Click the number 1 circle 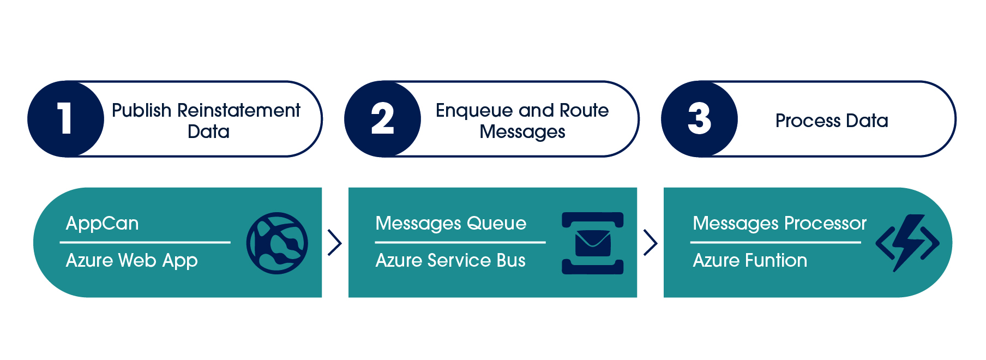tap(65, 119)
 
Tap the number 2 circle tap(382, 119)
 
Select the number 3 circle tap(699, 119)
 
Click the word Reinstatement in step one tap(238, 110)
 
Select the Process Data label tap(832, 121)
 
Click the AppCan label tap(102, 224)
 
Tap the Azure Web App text tap(131, 261)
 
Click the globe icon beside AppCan tap(277, 243)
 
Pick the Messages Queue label tap(450, 224)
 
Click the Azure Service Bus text tap(450, 261)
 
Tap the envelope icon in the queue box tap(593, 243)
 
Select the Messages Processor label tap(779, 224)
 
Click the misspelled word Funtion tap(776, 261)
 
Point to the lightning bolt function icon tap(907, 243)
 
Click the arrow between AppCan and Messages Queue tap(334, 243)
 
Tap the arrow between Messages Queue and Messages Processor tap(650, 243)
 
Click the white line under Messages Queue tap(460, 242)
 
